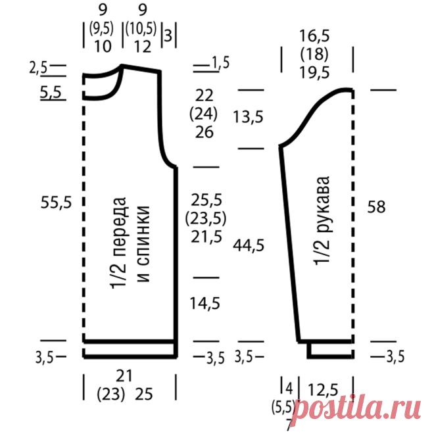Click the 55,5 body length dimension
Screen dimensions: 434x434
[56, 203]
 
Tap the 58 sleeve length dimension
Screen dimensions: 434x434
[376, 206]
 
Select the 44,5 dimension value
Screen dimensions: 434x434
[249, 245]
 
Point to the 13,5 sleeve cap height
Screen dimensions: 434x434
[248, 117]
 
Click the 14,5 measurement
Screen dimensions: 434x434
[205, 303]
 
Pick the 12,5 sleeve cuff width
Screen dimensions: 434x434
[323, 390]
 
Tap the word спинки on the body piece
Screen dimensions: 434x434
[143, 243]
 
